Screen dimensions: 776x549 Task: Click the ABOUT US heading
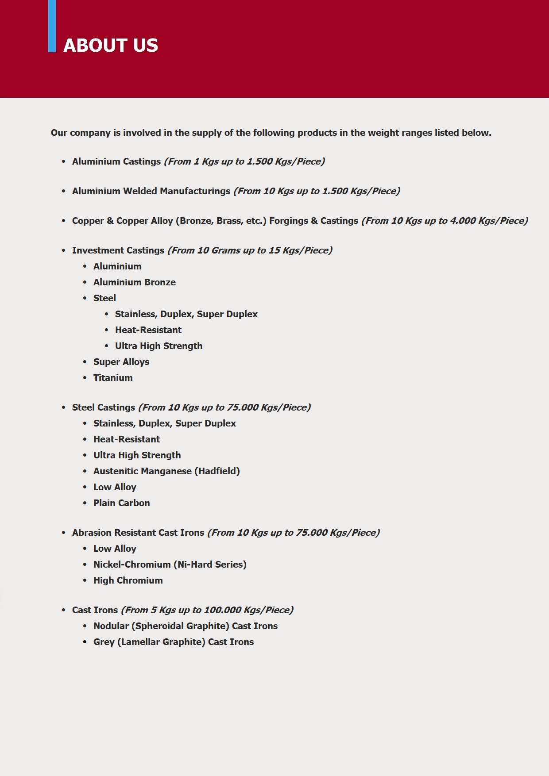click(111, 46)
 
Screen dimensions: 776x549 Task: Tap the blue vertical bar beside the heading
click(52, 27)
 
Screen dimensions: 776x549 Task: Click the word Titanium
click(113, 378)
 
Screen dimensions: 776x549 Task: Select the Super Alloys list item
click(121, 362)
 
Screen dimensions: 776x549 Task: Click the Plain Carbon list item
click(121, 503)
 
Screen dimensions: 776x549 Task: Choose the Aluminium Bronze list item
click(134, 282)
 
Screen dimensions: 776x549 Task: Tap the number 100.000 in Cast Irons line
click(222, 610)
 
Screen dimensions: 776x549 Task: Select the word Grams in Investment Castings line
click(226, 250)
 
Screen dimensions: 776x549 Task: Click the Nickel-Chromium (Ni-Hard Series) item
click(170, 565)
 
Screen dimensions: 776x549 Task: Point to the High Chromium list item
click(128, 580)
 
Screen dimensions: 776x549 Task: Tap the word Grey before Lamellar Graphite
click(104, 642)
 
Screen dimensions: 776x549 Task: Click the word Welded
click(140, 191)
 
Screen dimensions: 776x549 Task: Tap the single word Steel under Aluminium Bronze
click(104, 298)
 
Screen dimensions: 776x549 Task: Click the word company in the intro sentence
click(90, 133)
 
